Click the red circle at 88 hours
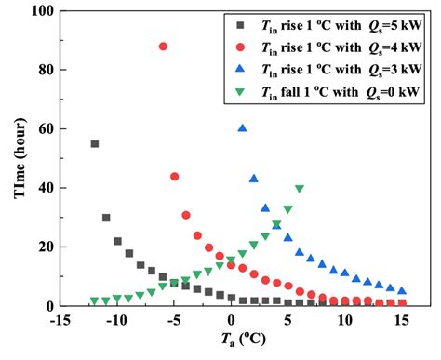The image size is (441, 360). tap(163, 47)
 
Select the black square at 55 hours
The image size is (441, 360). tap(95, 144)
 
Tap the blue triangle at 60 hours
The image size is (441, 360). tap(243, 128)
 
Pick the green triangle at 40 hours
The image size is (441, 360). tap(299, 189)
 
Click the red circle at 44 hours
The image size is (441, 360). tap(174, 177)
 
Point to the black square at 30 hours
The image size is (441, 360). tap(106, 218)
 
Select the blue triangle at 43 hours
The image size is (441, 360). tap(254, 179)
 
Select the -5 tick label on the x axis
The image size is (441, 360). tap(174, 319)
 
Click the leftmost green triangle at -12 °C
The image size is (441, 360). tap(95, 301)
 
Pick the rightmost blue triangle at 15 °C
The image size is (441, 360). tap(402, 290)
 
